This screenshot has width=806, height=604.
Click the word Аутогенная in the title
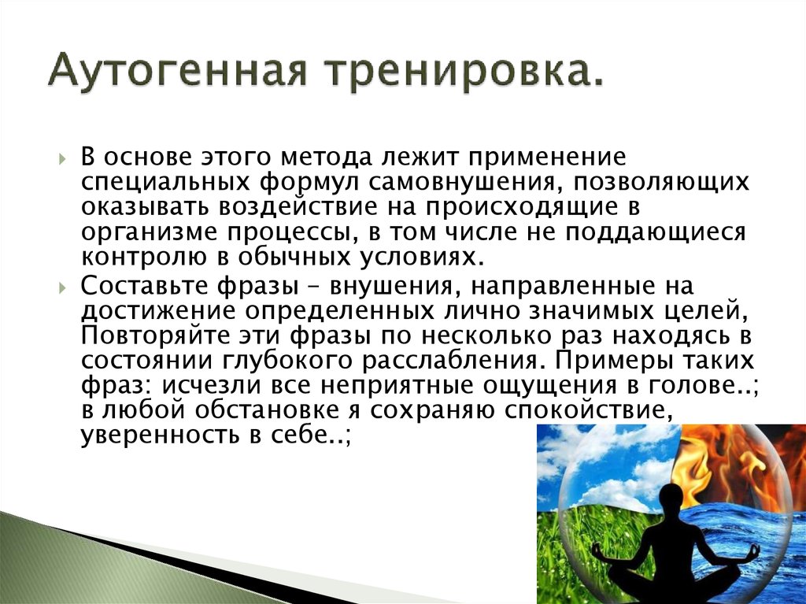(x=177, y=69)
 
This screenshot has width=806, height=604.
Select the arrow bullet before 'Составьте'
(x=63, y=287)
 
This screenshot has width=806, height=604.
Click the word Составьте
(x=145, y=286)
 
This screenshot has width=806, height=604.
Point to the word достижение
(x=158, y=312)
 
